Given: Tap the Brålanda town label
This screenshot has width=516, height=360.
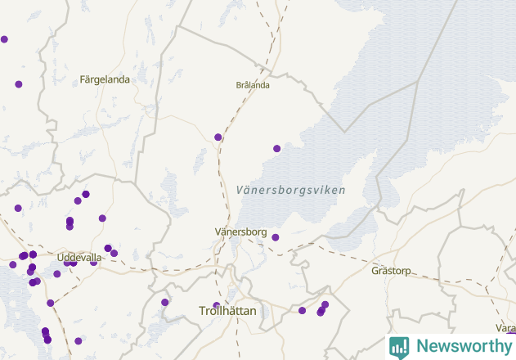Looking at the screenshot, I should pos(252,85).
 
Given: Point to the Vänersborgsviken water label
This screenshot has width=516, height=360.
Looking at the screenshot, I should pos(289,191).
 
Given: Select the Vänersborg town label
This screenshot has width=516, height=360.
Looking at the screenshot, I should pos(240,232).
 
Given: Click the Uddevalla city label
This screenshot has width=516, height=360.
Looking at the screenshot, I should pos(79,258).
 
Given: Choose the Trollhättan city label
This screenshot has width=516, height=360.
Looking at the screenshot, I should pos(227,312).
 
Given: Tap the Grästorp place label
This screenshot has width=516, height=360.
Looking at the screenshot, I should pos(390,270).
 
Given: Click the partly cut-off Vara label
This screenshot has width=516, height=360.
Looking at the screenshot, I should pos(506,328).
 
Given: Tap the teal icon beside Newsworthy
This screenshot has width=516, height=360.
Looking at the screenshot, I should pos(399,347).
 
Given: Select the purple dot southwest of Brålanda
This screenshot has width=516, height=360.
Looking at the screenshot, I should pos(218,137).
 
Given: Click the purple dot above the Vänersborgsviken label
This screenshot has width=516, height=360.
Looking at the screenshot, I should pos(276,149).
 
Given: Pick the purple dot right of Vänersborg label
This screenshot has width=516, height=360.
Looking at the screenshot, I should pos(276,237).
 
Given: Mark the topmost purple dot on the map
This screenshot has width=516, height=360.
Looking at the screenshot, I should pos(4,39).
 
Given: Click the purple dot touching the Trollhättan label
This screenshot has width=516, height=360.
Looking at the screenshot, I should pos(217,306).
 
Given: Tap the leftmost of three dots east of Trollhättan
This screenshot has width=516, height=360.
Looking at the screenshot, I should pos(302,311).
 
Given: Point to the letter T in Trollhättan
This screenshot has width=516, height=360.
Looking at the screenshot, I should pos(203,312).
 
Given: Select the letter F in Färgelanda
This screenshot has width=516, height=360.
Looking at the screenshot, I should pos(83,80).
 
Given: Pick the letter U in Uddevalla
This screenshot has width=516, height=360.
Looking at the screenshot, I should pos(61,258).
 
